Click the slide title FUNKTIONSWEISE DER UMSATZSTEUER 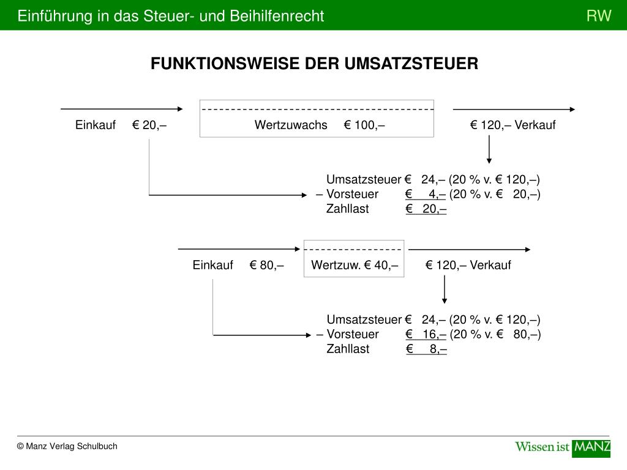click(314, 64)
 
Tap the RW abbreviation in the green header click(599, 16)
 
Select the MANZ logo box click(591, 447)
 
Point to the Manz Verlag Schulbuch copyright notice click(67, 446)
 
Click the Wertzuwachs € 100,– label click(320, 125)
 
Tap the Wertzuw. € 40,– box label click(355, 265)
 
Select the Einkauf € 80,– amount click(266, 265)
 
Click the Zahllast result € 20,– click(426, 209)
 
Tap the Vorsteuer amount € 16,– click(426, 334)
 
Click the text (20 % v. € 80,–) click(495, 334)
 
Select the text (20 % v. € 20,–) click(495, 194)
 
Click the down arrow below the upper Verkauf click(489, 149)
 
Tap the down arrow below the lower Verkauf click(445, 289)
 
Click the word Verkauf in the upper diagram click(535, 125)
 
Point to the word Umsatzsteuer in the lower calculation click(364, 319)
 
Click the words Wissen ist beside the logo click(543, 447)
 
